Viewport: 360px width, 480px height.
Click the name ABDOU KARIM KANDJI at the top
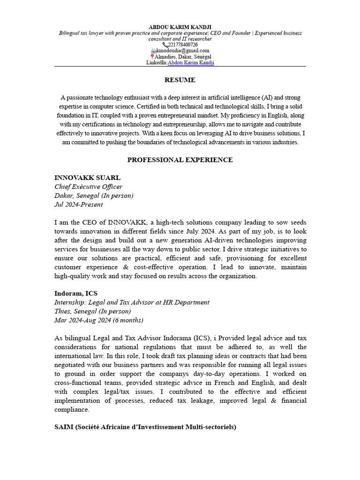tap(180, 27)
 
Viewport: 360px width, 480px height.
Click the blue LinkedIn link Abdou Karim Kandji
tap(191, 62)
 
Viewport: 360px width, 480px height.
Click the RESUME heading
tap(180, 80)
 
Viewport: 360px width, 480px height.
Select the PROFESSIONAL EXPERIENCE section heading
tap(180, 160)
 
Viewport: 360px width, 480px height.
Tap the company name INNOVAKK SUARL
tap(87, 178)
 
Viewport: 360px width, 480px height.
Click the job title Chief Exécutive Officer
tap(89, 187)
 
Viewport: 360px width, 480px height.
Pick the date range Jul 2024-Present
tap(79, 204)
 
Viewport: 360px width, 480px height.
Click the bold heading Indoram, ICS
tap(76, 293)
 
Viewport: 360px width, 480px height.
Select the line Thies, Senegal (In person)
tap(92, 311)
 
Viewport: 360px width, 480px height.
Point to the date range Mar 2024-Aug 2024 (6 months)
tap(99, 320)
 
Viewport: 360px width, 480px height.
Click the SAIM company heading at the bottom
tap(145, 427)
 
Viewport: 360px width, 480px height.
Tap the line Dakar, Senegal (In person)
tap(94, 195)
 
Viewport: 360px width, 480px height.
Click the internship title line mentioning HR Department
tap(132, 302)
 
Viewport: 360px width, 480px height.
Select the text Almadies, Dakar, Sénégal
tap(183, 57)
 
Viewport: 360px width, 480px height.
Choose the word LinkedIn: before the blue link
tap(157, 62)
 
